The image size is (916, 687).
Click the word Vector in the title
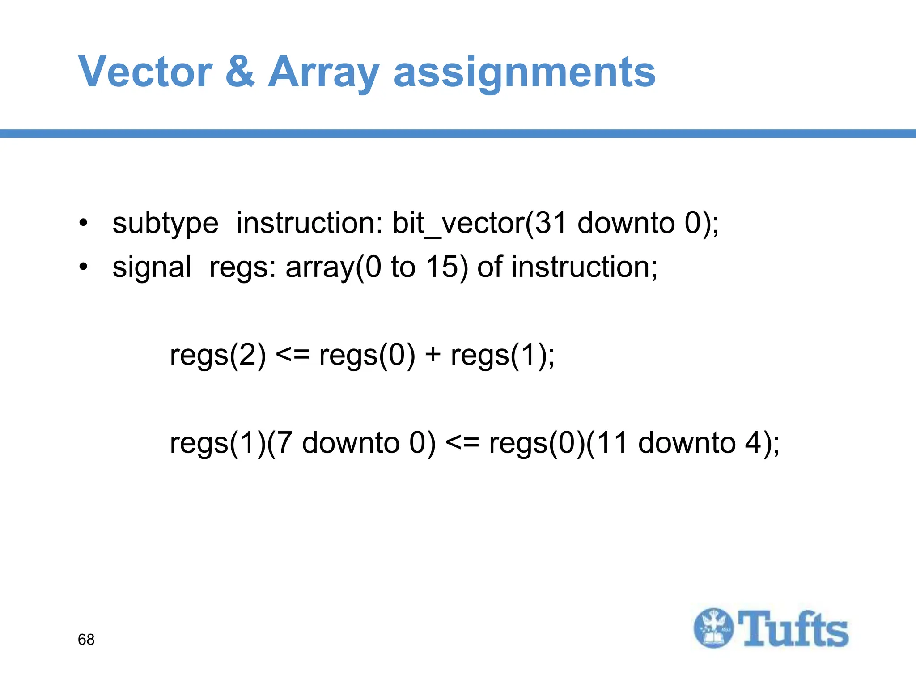[145, 72]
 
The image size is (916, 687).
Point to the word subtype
[165, 224]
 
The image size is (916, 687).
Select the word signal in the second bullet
[152, 267]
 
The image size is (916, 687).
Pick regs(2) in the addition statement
[218, 356]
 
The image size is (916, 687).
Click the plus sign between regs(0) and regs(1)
[433, 356]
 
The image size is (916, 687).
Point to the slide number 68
[86, 640]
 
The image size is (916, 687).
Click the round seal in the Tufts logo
[714, 628]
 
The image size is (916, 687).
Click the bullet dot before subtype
[83, 223]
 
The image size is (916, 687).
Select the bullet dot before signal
[83, 267]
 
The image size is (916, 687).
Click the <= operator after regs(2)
[293, 356]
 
